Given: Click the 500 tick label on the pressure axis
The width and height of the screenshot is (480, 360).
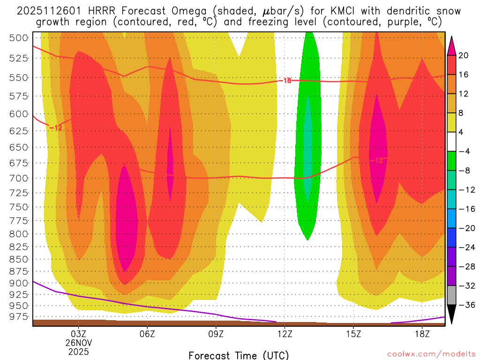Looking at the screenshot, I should [19, 38].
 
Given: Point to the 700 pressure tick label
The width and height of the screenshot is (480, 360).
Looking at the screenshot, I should [19, 178].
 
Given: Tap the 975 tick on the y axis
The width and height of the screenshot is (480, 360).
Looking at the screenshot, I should [19, 316].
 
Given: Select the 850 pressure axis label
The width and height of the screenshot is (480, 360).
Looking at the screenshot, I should [19, 259].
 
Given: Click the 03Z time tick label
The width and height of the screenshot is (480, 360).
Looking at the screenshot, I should [78, 334].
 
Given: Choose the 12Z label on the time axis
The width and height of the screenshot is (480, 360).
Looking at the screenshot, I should [285, 334].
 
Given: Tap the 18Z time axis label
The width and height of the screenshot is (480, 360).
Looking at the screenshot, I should [422, 334].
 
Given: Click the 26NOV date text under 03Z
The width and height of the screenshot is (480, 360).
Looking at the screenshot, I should [78, 343].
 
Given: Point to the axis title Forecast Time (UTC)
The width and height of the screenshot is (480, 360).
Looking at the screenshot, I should [239, 355].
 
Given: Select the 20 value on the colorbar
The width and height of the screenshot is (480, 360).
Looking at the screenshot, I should [464, 55].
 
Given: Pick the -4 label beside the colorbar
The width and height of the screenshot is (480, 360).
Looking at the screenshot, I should [465, 151].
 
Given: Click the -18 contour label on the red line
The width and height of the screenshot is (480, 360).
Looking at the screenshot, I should [286, 81].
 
